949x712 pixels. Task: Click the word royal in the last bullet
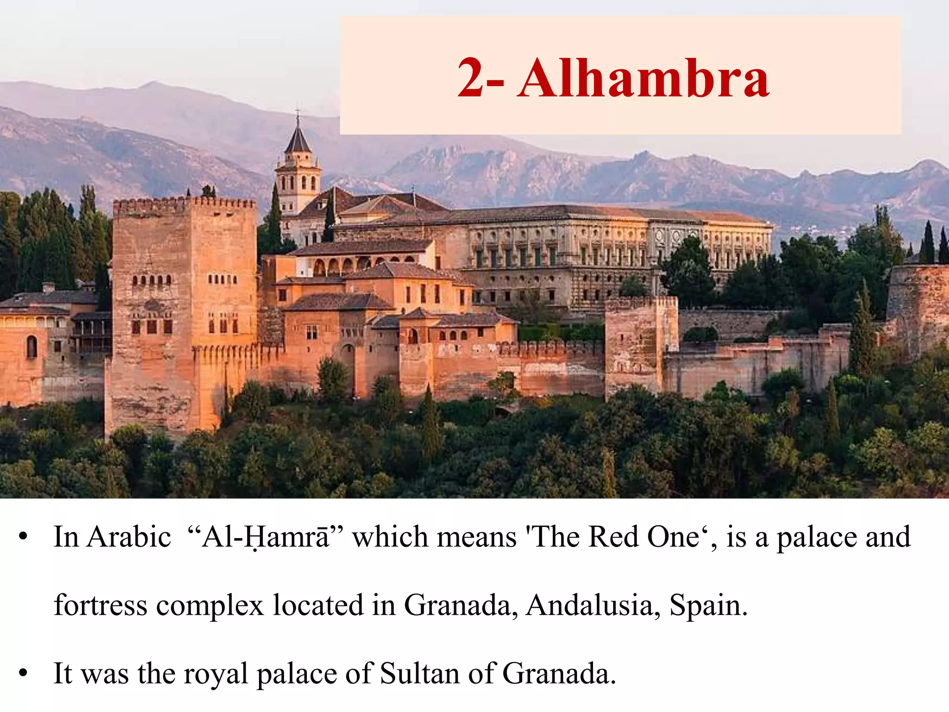tap(216, 674)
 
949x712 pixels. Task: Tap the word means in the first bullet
tap(477, 538)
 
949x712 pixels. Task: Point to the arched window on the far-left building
tap(32, 346)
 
